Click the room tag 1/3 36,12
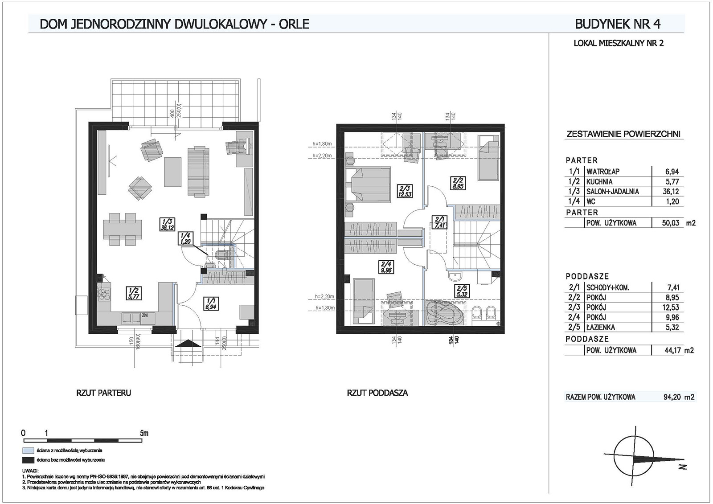[x=167, y=224]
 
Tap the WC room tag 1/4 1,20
[x=185, y=238]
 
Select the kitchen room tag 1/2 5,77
[x=134, y=293]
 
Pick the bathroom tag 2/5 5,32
[x=462, y=291]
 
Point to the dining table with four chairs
[x=123, y=229]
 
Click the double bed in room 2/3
[x=368, y=184]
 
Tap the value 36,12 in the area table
[x=672, y=191]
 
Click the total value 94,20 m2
[x=679, y=397]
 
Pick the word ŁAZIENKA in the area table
[x=600, y=327]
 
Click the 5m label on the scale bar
[x=144, y=433]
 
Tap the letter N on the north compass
[x=682, y=467]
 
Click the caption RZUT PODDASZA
[x=377, y=393]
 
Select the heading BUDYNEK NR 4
[x=618, y=24]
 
